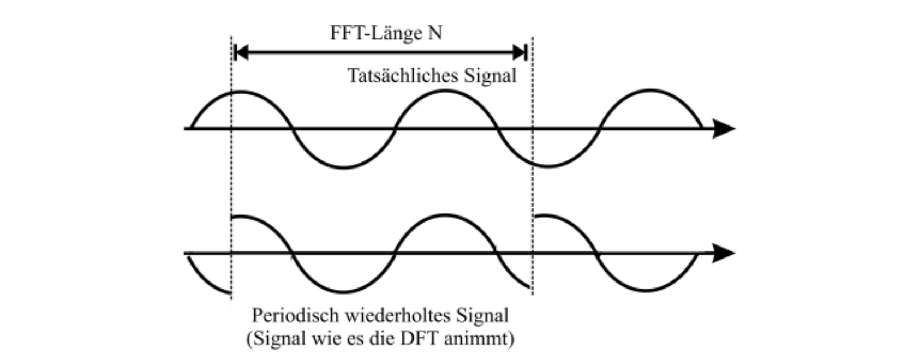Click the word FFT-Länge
pos(376,33)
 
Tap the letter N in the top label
pos(435,33)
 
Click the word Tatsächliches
pos(403,76)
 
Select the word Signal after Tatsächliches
pos(490,76)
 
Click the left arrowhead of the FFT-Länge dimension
pos(241,53)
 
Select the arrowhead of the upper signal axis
pos(724,129)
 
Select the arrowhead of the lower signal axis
pos(724,254)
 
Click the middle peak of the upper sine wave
pos(445,91)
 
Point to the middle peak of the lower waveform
pos(445,215)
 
